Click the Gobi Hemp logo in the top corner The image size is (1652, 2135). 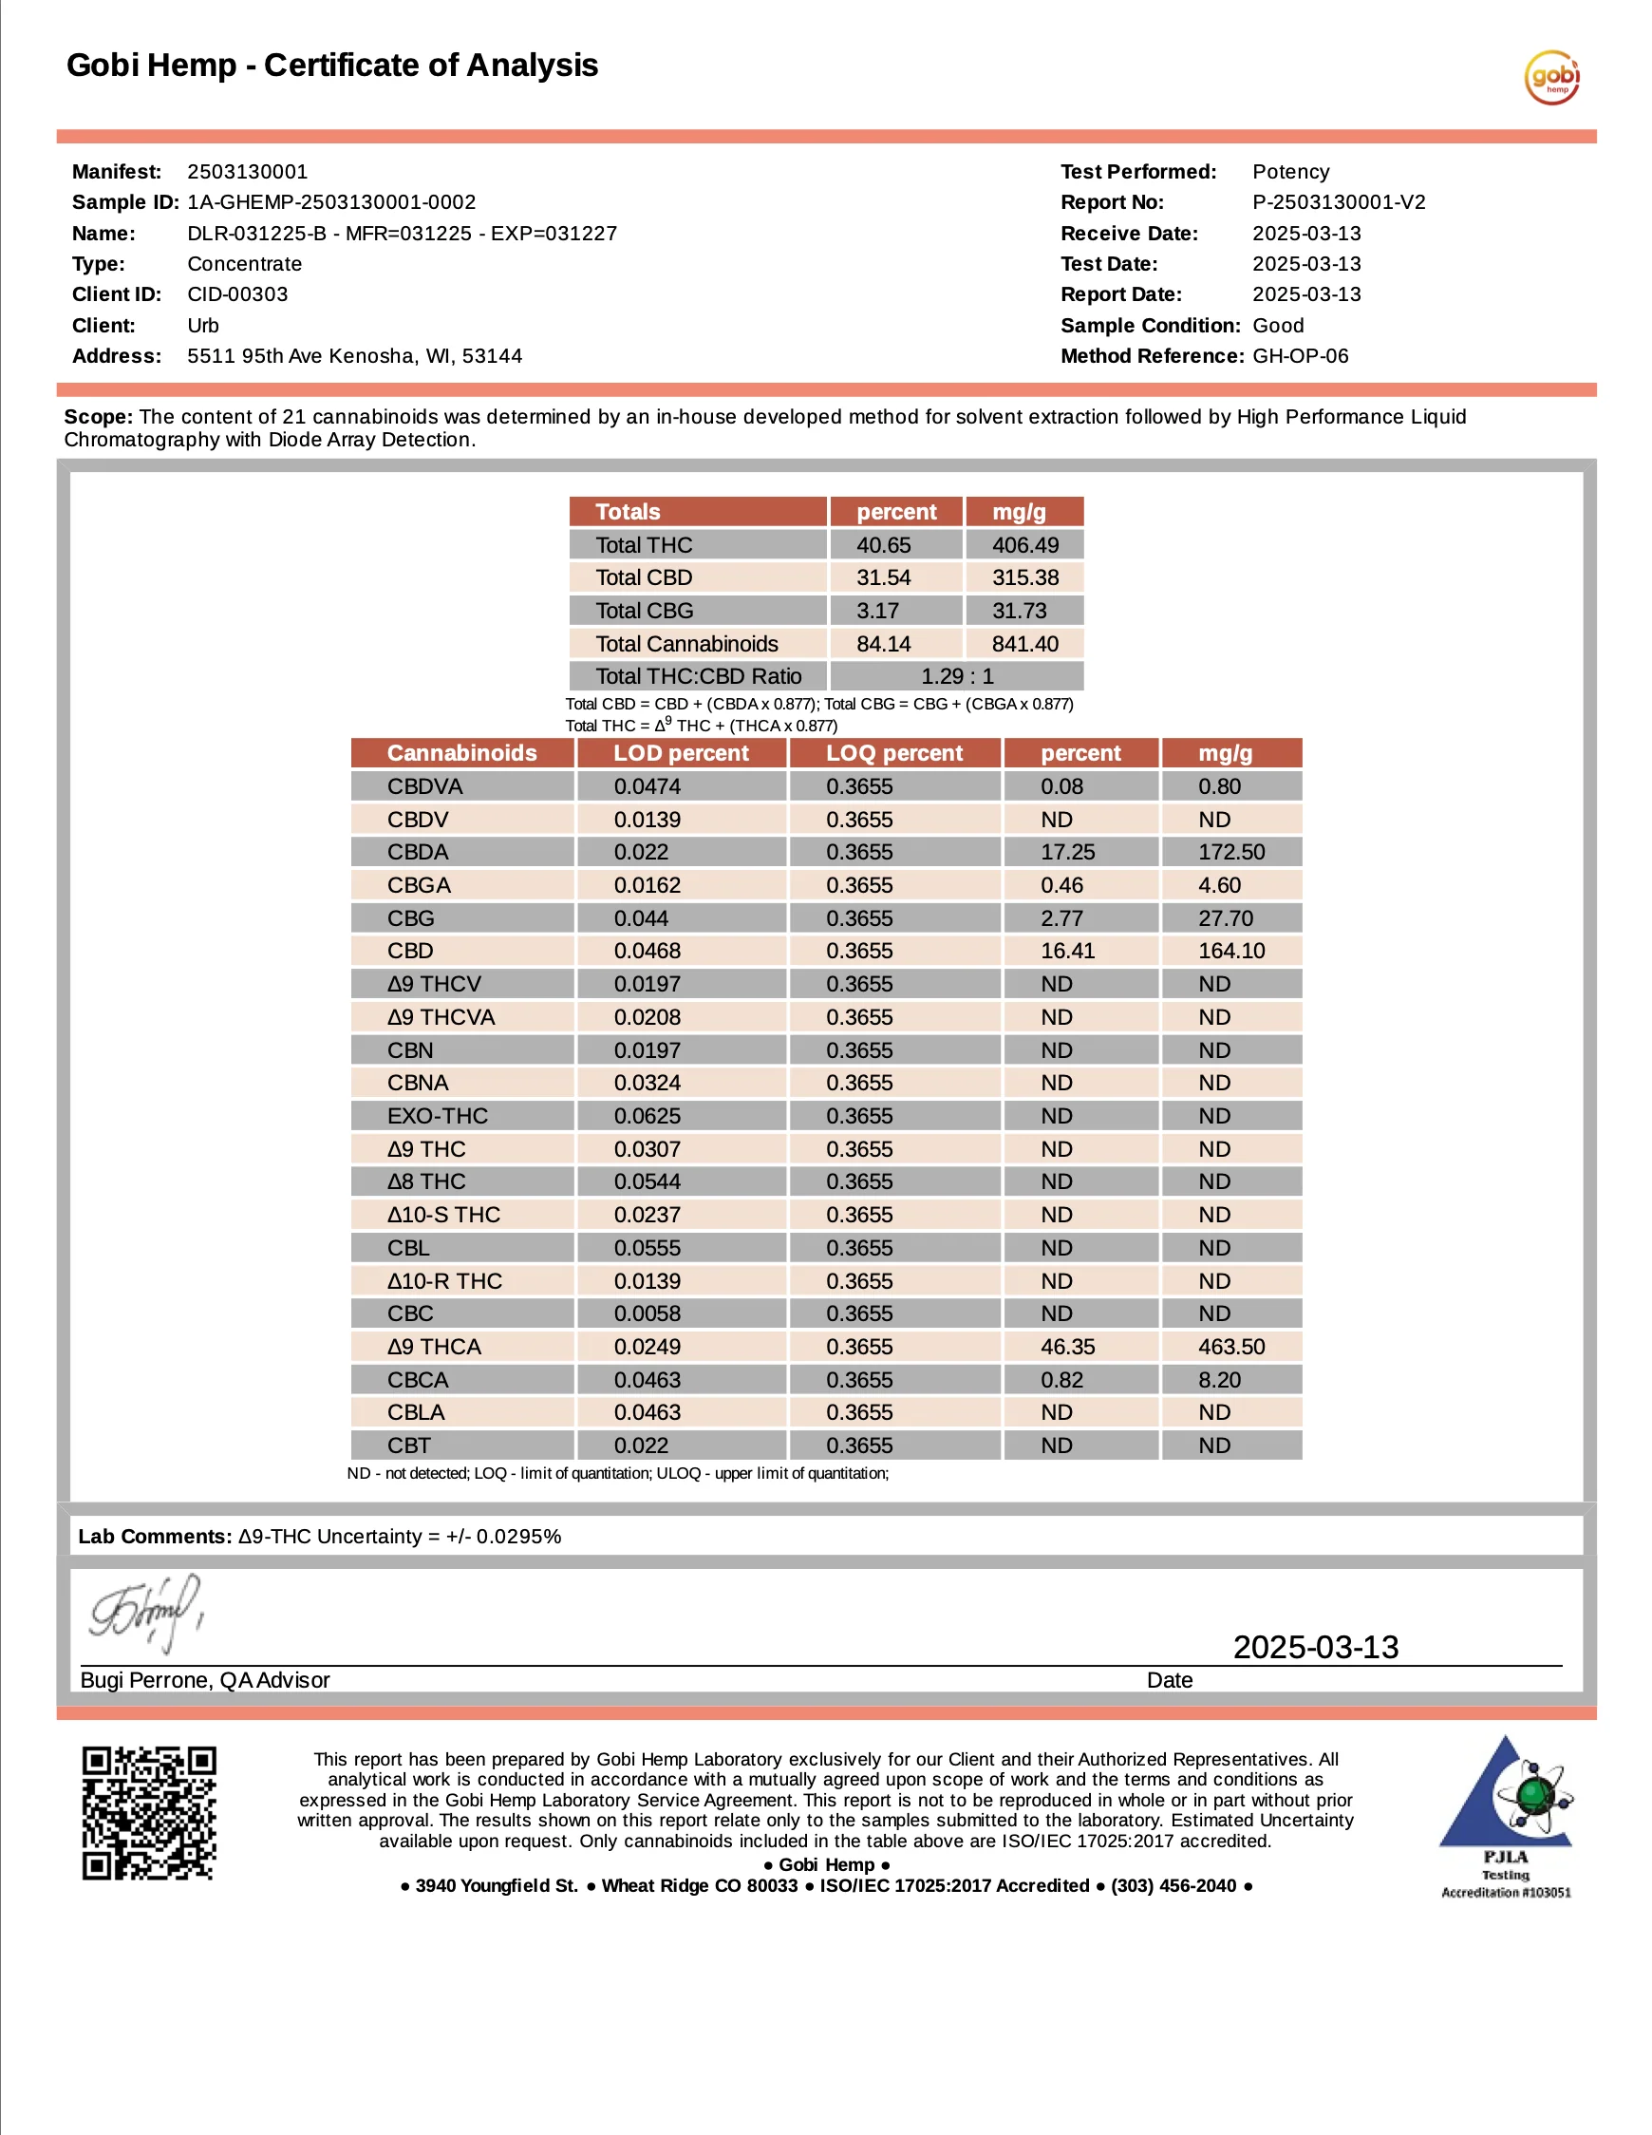tap(1551, 77)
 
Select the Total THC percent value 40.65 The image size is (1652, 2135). tap(883, 544)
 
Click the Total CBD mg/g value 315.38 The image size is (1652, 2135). tap(1024, 577)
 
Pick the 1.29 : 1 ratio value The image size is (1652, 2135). tap(957, 676)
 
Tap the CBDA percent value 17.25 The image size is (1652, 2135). tap(1067, 853)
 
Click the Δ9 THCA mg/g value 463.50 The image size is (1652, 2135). tap(1230, 1347)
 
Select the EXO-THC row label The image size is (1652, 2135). tap(437, 1116)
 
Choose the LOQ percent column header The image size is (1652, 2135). tap(893, 754)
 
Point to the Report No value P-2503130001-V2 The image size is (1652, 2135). tap(1339, 202)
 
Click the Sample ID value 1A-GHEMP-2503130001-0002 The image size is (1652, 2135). tap(331, 202)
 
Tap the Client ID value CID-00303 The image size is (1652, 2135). tap(237, 294)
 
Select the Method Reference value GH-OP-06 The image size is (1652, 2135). tap(1300, 356)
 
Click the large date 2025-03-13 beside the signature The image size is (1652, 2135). tap(1315, 1647)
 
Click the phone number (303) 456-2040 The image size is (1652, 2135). tap(1173, 1886)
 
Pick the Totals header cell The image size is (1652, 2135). tap(628, 512)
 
